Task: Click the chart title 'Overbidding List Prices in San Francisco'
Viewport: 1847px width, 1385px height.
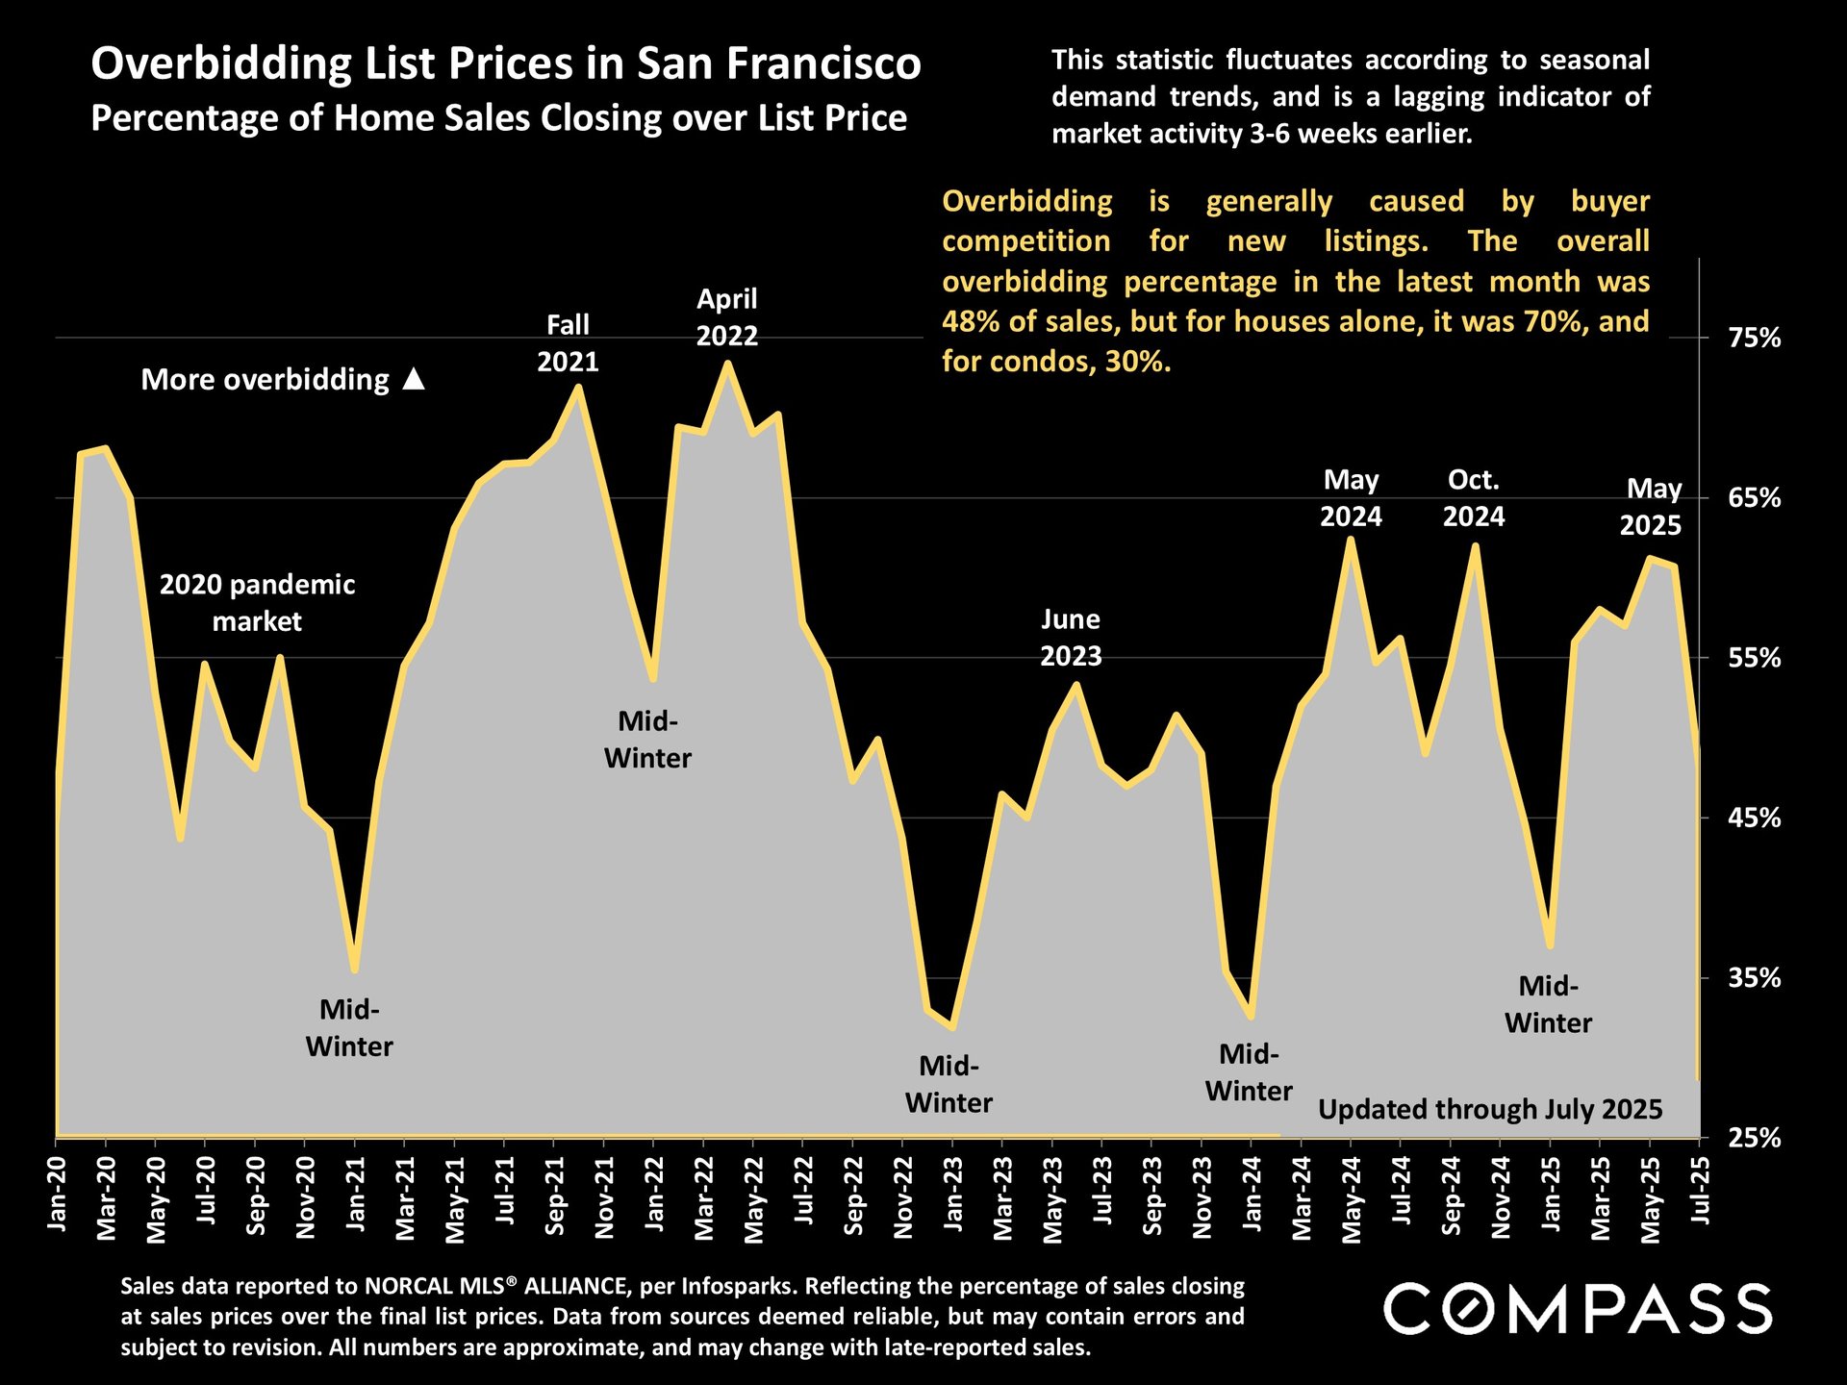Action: pyautogui.click(x=506, y=64)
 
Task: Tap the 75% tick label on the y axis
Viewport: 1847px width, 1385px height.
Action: pyautogui.click(x=1755, y=339)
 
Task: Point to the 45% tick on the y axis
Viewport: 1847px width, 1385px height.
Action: pyautogui.click(x=1755, y=818)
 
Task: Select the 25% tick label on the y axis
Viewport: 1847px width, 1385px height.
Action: pyautogui.click(x=1755, y=1139)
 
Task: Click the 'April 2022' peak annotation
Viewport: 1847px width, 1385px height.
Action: pyautogui.click(x=727, y=317)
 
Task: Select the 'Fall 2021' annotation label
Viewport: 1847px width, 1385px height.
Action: pyautogui.click(x=568, y=343)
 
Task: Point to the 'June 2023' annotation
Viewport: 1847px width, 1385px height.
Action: pyautogui.click(x=1071, y=638)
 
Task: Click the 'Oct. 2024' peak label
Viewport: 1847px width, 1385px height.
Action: pyautogui.click(x=1474, y=498)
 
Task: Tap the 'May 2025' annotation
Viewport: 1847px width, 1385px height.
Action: pyautogui.click(x=1652, y=507)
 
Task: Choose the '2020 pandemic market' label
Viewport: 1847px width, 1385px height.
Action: pyautogui.click(x=257, y=603)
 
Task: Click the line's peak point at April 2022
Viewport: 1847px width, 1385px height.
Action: pyautogui.click(x=727, y=364)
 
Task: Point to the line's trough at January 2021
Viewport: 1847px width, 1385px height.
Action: pyautogui.click(x=355, y=969)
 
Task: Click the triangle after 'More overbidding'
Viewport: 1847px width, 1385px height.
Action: pyautogui.click(x=414, y=379)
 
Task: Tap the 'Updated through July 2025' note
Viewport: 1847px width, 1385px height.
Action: pyautogui.click(x=1489, y=1110)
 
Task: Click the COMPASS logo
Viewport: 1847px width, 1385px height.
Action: pyautogui.click(x=1578, y=1309)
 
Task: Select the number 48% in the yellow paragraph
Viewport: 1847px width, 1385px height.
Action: pyautogui.click(x=967, y=321)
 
